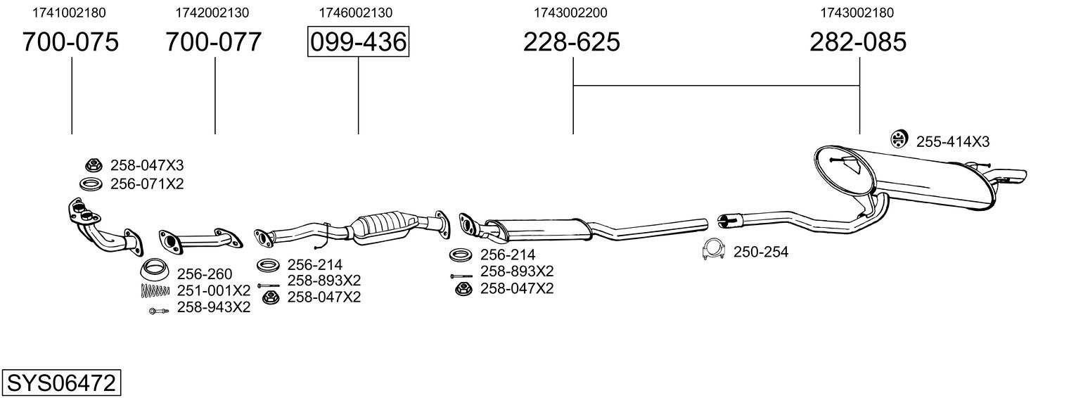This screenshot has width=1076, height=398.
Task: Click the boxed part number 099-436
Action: (358, 42)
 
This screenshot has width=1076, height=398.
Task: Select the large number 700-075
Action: (70, 42)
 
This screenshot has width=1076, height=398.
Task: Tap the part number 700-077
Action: (214, 42)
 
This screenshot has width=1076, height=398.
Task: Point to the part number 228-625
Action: (572, 42)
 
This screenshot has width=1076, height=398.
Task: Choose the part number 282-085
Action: (858, 42)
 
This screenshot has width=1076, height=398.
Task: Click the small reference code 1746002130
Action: (356, 13)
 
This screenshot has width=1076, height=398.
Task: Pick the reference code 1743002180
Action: (857, 13)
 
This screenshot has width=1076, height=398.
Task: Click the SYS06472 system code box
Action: (61, 383)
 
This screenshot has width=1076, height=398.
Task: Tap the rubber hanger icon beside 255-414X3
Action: (898, 140)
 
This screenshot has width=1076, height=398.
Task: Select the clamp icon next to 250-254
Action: (714, 250)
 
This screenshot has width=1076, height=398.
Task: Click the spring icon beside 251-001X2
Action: (154, 290)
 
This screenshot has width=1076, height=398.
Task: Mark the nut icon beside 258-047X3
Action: (91, 166)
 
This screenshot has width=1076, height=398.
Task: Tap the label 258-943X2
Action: (213, 307)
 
